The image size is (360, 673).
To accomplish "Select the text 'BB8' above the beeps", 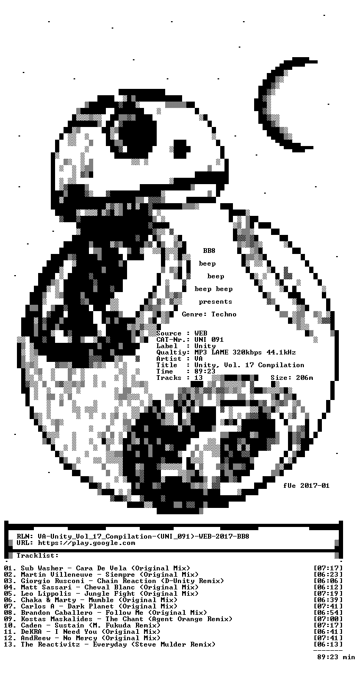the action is click(x=209, y=251).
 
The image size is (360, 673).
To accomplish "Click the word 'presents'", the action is click(x=215, y=302).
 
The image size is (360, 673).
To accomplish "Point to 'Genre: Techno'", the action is click(x=209, y=314).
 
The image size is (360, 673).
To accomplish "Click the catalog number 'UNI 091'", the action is click(x=209, y=340).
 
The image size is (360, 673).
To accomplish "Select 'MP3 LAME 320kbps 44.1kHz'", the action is click(x=245, y=352).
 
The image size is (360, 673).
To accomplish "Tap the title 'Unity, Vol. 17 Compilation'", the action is click(x=249, y=365).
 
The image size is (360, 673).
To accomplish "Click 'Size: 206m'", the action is click(x=292, y=378).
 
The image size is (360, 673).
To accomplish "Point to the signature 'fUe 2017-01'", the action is click(x=306, y=486).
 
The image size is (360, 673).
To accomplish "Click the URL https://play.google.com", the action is click(x=87, y=543).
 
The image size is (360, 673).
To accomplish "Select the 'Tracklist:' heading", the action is click(x=38, y=556).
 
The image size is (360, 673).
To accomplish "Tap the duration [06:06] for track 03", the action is click(x=328, y=581).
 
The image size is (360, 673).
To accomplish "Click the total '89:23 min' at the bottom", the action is click(x=336, y=657).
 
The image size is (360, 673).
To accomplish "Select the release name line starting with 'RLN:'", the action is click(x=133, y=536).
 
